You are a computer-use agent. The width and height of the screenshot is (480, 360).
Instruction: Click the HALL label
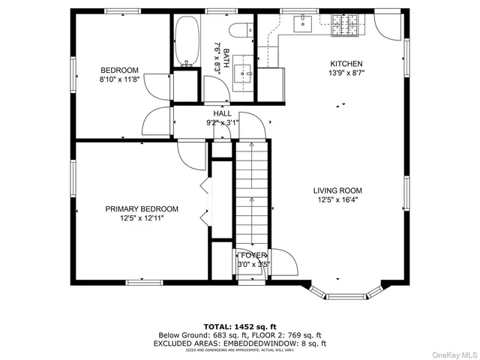point(222,112)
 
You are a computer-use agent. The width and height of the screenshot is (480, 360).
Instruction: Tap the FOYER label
point(253,256)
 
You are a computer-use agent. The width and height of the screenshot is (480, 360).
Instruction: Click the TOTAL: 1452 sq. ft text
point(240,326)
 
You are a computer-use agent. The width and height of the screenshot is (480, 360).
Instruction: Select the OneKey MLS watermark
point(452,352)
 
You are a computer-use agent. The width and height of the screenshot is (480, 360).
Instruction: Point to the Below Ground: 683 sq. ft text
point(198,334)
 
